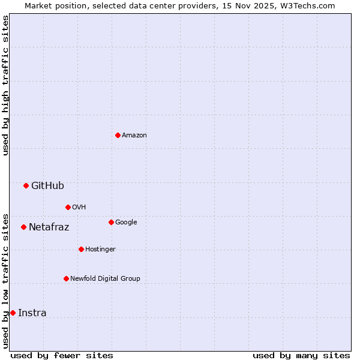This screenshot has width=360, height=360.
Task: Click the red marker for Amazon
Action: pos(118,135)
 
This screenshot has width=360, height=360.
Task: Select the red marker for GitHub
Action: pos(26,185)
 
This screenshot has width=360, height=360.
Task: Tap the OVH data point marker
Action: pos(68,207)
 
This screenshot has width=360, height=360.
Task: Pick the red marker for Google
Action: pos(111,222)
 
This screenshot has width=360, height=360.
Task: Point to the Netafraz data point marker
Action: pos(23,227)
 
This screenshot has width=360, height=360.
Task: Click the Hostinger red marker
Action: pos(81,249)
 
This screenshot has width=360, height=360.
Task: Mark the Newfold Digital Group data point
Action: pos(66,278)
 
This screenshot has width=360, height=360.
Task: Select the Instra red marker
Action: pos(13,313)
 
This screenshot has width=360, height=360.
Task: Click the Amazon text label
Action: pos(134,136)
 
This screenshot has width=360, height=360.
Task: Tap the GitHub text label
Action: pos(47,186)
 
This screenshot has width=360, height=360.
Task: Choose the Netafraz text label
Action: pos(49,227)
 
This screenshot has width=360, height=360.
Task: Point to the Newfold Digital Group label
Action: pos(105,278)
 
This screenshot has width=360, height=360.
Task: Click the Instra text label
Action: pos(32,313)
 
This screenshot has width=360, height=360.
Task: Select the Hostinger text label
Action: pos(100,249)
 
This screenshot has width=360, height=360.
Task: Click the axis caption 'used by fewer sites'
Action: pos(62,355)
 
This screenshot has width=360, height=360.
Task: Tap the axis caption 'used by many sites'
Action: pos(301,355)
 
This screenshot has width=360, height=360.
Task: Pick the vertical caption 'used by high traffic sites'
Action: pos(6,85)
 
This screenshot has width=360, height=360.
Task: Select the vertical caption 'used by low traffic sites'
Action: pos(6,280)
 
